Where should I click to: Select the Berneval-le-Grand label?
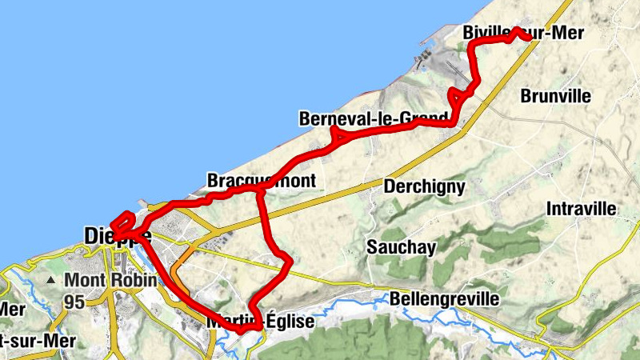pos(374,119)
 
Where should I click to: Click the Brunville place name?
pos(555,96)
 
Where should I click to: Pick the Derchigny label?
pos(424,186)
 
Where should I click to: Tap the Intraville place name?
pos(582,209)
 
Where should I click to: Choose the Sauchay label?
pos(402,246)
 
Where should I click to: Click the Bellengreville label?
pos(444,299)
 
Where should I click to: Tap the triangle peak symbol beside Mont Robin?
pos(52,281)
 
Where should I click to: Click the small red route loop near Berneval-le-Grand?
pos(337,136)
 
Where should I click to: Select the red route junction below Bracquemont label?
pos(259,190)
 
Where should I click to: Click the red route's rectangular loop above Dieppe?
pos(122,222)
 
